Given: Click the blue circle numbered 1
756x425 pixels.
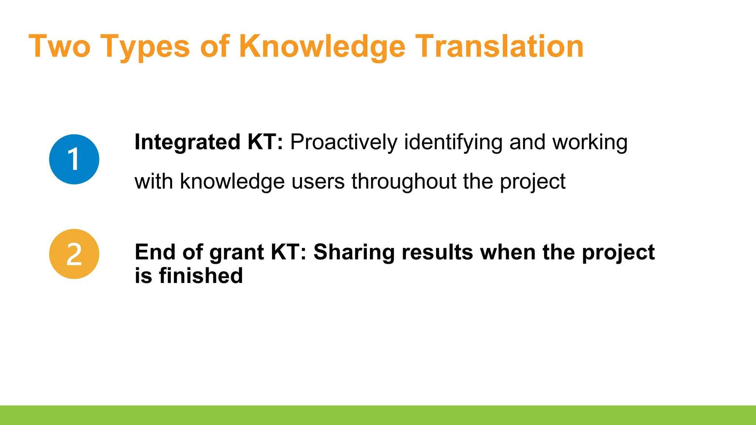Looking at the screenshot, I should [74, 159].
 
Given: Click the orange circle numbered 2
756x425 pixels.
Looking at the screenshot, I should [74, 254].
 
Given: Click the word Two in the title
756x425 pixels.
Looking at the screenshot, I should [59, 46].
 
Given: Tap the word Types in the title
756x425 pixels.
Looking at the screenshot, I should [145, 47].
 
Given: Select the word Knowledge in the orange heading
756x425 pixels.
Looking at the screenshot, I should [322, 46].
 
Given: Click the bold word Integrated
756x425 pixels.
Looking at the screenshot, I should [187, 142].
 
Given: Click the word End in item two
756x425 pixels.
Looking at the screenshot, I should [155, 252].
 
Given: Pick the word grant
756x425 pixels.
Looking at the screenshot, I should [236, 253].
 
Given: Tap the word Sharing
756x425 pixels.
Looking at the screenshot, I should [354, 253].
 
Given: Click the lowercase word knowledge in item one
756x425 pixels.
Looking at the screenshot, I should [232, 181].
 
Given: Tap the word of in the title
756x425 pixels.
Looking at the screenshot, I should [215, 46].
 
